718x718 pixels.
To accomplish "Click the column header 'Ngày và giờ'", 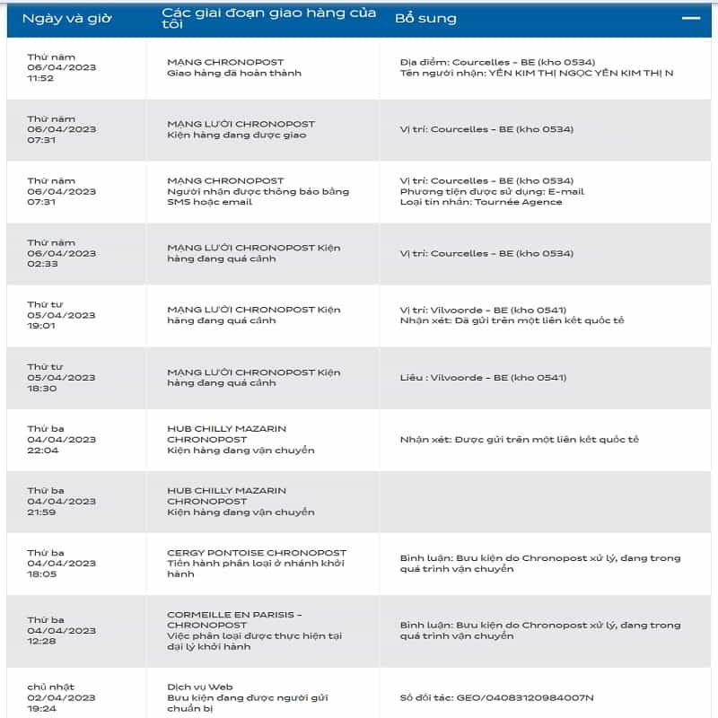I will click(67, 18).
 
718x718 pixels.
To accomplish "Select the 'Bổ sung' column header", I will click(426, 18).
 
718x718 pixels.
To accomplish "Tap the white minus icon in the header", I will click(690, 17).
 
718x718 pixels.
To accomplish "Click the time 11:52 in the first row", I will click(40, 78).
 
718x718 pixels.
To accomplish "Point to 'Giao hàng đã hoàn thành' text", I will click(234, 73).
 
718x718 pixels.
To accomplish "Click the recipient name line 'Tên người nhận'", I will click(536, 73).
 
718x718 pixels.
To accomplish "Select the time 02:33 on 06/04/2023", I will click(40, 264).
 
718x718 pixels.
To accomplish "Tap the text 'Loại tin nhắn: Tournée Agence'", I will click(481, 202).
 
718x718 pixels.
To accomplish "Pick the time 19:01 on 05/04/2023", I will click(40, 326).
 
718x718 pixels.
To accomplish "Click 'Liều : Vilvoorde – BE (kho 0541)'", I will click(483, 377).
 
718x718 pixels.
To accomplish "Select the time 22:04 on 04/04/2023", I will click(40, 451).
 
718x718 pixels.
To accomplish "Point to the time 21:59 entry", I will click(40, 512).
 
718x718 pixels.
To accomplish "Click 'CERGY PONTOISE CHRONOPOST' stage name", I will click(257, 553).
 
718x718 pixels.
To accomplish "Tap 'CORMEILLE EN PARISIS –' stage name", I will click(234, 615).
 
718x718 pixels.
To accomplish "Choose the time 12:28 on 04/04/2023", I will click(40, 641).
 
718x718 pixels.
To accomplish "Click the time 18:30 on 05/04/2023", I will click(40, 388).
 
